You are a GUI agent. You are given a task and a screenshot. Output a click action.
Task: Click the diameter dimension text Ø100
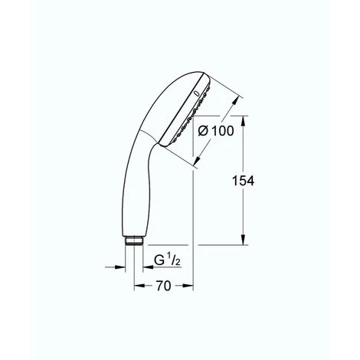[x=218, y=131]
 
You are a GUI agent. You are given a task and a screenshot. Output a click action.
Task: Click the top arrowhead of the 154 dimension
[x=244, y=119]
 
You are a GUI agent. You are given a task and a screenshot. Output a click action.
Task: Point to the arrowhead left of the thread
[x=122, y=267]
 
